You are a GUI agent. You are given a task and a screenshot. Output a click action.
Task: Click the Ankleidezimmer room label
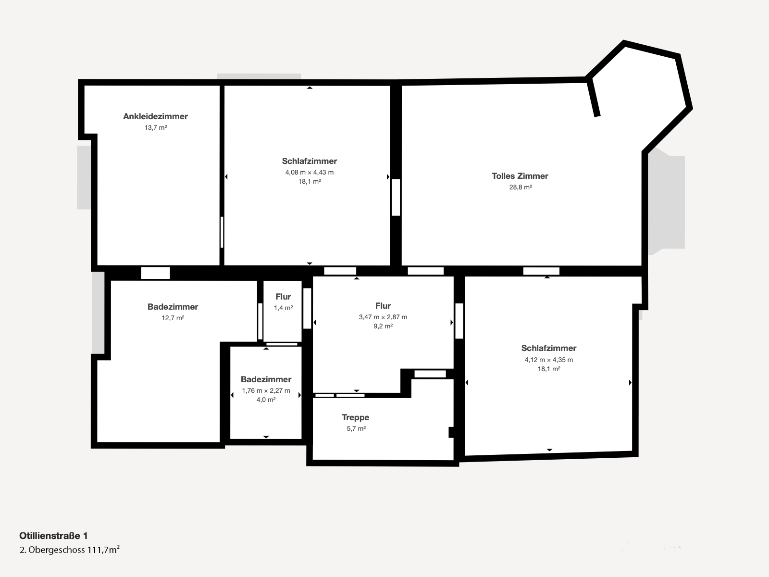(155, 116)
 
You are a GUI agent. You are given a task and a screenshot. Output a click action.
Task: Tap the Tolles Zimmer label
(520, 176)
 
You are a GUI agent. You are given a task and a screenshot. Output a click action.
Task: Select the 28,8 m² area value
(521, 187)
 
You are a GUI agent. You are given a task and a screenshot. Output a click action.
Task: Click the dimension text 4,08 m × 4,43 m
(310, 172)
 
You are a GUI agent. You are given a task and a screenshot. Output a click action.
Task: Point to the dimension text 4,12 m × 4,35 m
(549, 360)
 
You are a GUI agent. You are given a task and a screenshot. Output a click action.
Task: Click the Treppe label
(356, 417)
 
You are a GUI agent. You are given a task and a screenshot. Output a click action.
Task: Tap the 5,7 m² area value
(356, 428)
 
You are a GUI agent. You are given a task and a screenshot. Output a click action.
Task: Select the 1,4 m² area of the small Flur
(284, 308)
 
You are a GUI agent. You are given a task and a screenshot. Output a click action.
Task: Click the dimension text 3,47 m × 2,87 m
(383, 317)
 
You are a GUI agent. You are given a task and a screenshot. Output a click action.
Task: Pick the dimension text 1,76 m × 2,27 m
(266, 390)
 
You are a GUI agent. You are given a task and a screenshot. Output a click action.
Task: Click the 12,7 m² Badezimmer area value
(173, 318)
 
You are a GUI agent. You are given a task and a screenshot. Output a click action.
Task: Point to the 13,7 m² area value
(156, 127)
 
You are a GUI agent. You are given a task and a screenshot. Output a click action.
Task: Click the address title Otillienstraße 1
(54, 536)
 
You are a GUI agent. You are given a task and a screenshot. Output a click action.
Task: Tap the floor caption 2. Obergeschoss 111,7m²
(69, 550)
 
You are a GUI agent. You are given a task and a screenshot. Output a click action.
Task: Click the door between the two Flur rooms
(307, 308)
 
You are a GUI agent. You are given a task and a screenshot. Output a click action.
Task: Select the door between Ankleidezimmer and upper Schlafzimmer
(222, 232)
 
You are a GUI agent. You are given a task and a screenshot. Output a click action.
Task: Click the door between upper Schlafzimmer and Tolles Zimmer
(396, 197)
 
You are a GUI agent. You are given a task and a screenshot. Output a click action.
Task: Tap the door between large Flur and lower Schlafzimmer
(459, 321)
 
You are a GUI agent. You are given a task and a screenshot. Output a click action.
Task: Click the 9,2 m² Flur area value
(383, 326)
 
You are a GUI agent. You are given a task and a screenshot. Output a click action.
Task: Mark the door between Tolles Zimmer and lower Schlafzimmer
(541, 271)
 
